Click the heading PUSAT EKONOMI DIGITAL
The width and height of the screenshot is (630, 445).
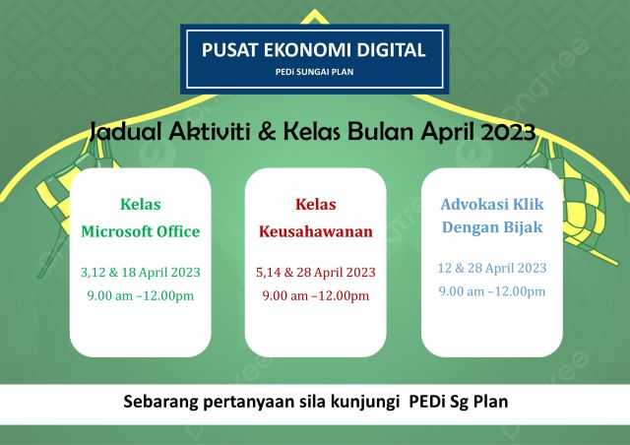(314, 50)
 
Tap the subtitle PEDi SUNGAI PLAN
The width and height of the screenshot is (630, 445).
(314, 71)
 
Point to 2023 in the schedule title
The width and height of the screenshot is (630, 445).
(509, 132)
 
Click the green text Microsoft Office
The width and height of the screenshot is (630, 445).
(140, 232)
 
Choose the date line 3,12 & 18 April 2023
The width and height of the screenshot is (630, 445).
(140, 272)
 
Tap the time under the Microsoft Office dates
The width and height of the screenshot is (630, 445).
(140, 295)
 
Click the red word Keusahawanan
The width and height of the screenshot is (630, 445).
(315, 232)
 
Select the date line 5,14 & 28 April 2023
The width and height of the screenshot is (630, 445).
(315, 272)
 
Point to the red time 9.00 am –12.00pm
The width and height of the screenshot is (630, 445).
(315, 295)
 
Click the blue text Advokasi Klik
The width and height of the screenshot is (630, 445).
(491, 205)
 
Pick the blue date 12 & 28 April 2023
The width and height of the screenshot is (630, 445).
(491, 268)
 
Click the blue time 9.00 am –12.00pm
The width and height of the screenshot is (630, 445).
(491, 291)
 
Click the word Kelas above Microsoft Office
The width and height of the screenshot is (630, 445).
(140, 205)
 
